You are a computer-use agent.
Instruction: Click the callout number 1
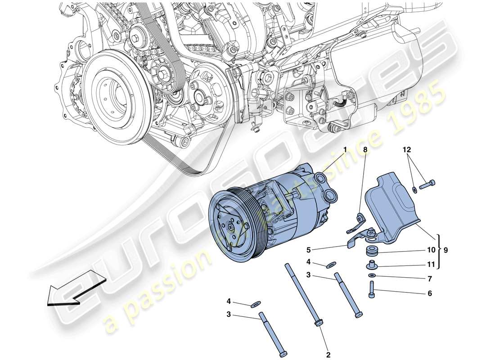(x=345, y=149)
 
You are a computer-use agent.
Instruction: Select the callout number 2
(x=328, y=355)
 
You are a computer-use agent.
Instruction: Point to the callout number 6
(x=429, y=293)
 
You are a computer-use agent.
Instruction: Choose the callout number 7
(x=429, y=279)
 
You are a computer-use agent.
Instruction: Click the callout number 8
(x=365, y=149)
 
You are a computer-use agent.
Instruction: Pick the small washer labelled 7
(x=372, y=275)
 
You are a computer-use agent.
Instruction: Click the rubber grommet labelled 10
(x=372, y=250)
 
